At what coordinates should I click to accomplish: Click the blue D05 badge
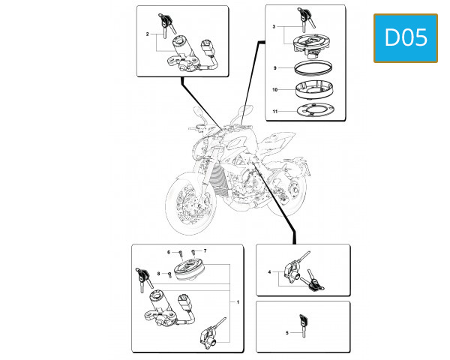click(405, 37)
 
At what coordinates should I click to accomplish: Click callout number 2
click(147, 34)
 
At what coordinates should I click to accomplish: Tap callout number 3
click(274, 26)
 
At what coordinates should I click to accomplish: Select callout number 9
click(275, 68)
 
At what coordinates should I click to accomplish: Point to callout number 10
click(275, 90)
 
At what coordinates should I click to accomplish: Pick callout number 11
click(275, 112)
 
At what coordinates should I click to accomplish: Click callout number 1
click(238, 301)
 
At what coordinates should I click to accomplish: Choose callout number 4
click(268, 272)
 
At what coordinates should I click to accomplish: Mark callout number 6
click(169, 251)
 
